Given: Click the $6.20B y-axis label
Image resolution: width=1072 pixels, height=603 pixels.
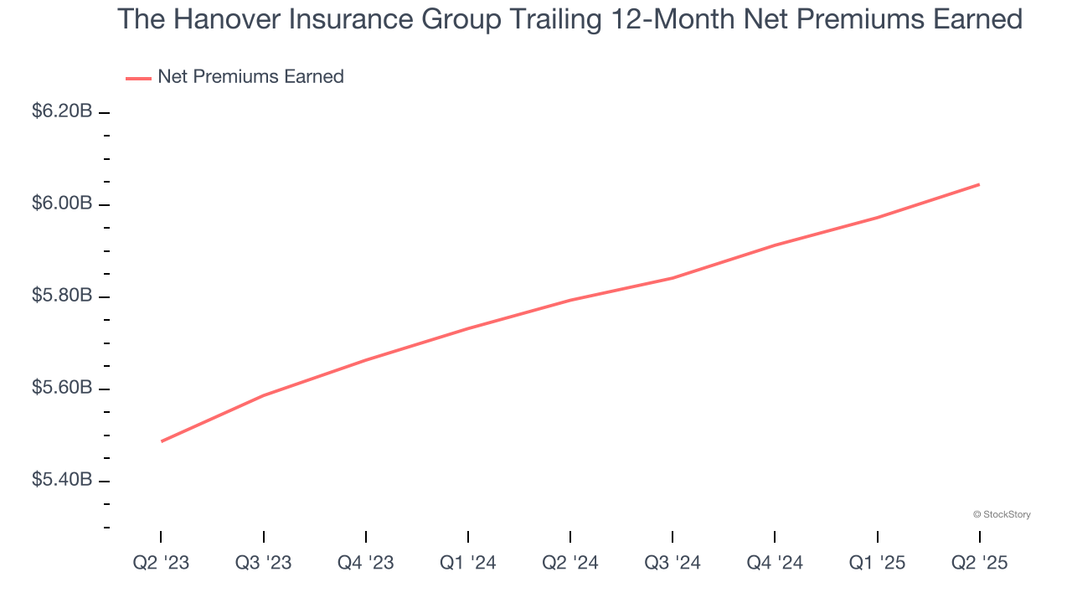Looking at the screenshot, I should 62,111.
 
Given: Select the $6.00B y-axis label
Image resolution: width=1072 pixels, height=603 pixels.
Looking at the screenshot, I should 62,204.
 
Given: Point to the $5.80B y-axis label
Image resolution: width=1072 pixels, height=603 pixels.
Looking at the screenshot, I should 62,296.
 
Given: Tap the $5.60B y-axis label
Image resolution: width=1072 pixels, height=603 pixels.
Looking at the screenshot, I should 62,388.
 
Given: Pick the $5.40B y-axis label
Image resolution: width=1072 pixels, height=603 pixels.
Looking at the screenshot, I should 62,480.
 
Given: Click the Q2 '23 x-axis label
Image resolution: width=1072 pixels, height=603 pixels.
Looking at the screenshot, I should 161,563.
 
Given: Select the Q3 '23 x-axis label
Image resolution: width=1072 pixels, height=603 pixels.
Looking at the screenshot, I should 263,563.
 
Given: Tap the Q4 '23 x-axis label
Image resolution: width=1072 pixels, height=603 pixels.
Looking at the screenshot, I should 365,563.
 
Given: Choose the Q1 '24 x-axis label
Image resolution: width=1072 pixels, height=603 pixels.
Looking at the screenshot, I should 467,563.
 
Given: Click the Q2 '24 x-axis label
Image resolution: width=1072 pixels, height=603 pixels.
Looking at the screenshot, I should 569,563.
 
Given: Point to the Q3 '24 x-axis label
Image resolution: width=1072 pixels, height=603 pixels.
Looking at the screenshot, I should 672,563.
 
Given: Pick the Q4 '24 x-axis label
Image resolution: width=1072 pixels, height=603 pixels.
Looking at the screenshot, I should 774,563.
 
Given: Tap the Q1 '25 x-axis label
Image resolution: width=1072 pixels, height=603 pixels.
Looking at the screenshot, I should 876,563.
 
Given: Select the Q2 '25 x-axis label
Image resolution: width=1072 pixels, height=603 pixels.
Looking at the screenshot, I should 978,563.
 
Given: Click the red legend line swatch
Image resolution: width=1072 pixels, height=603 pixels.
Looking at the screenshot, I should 138,78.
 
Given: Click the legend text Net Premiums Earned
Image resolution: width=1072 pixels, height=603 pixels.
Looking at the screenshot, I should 250,77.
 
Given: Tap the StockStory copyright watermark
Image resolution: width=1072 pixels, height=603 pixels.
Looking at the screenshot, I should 1002,514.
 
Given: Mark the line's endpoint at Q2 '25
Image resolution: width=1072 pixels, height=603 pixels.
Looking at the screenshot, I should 978,184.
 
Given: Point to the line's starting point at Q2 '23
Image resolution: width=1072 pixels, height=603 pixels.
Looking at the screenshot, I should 161,441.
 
